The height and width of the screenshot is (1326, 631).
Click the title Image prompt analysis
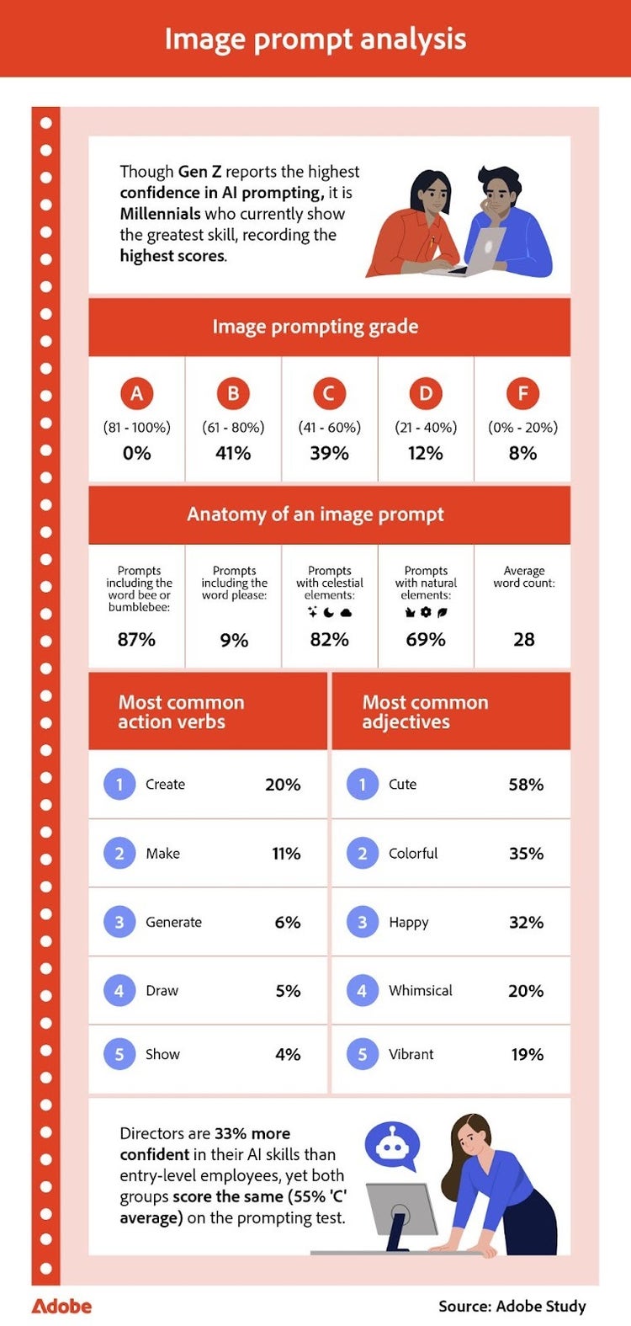(315, 39)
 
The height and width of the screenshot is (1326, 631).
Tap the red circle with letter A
(136, 393)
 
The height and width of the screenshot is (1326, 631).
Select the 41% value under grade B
(233, 453)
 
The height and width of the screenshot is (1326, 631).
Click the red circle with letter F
(522, 393)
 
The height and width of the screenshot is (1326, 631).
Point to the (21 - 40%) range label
(426, 428)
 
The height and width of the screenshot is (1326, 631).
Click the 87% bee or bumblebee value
(136, 640)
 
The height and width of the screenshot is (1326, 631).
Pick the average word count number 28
(523, 640)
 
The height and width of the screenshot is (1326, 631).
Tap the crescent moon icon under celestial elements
(329, 612)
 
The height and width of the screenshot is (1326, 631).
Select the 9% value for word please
(234, 641)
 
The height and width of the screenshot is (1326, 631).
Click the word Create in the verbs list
(165, 785)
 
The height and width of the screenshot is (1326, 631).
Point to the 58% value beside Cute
(526, 785)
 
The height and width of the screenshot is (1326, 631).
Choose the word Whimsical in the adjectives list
(420, 991)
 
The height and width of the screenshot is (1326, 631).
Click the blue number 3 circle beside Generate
(119, 922)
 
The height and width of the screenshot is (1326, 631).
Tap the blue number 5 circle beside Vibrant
(363, 1054)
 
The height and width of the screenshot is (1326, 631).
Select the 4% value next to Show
(288, 1054)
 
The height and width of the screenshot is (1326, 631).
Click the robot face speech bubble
(391, 1145)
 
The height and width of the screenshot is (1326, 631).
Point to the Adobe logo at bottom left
(61, 1307)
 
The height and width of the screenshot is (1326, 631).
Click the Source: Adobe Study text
(512, 1307)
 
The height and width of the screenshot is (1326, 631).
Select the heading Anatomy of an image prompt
(315, 514)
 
